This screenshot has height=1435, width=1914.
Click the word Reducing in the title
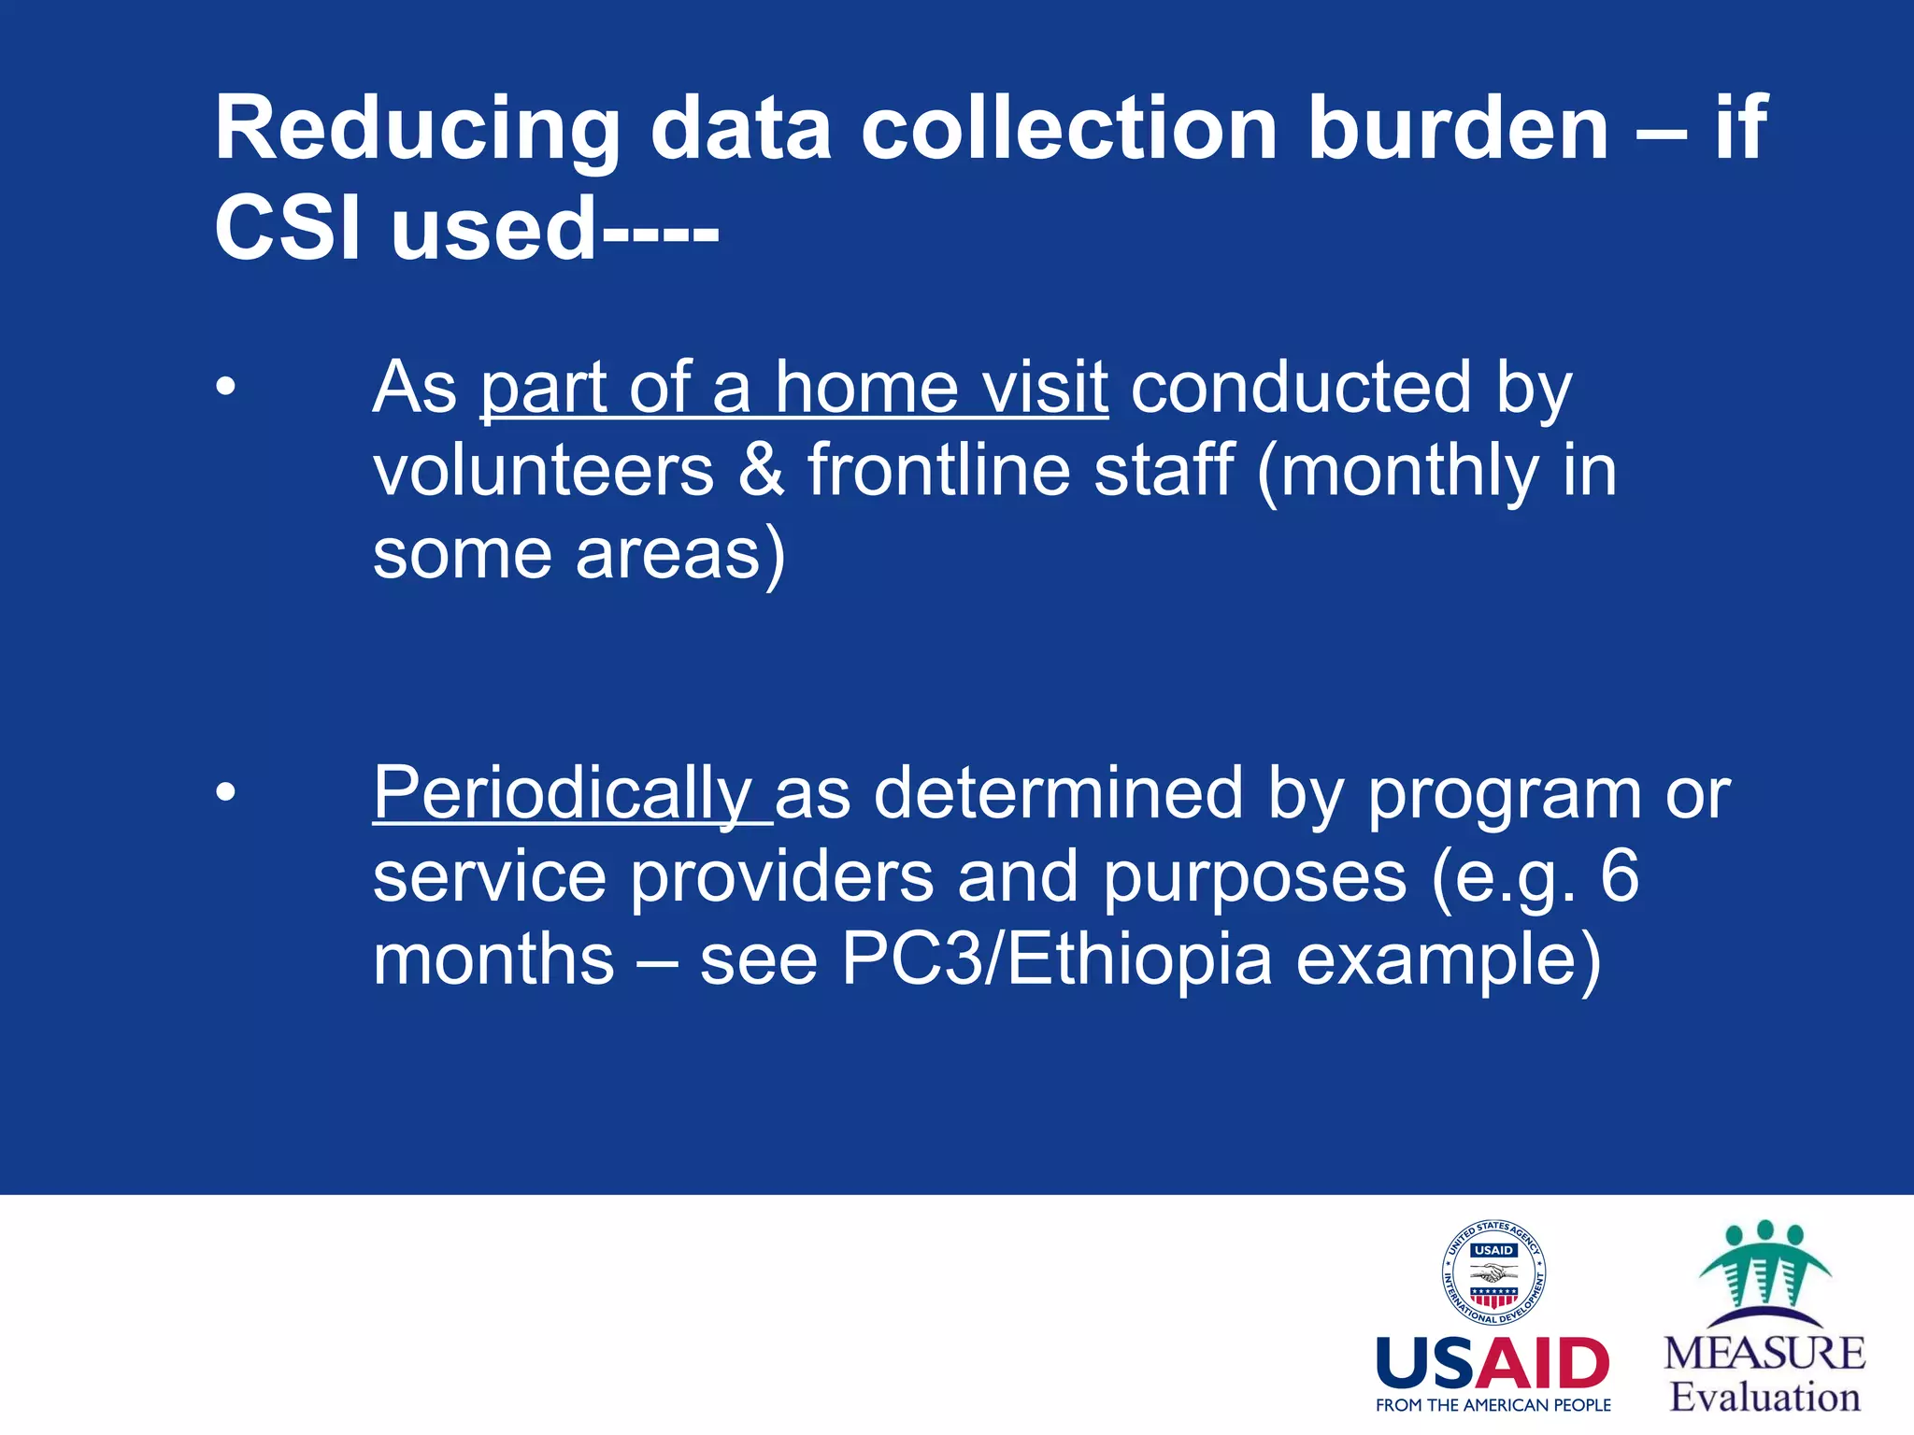click(417, 131)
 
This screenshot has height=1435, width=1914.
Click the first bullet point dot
click(225, 387)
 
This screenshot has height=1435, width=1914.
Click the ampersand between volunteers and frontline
click(761, 470)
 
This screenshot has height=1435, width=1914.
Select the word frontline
click(938, 470)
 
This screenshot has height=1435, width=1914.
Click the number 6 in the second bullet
click(1619, 876)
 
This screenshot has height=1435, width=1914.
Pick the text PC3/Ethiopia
click(1056, 959)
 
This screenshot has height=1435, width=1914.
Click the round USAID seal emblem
click(1493, 1272)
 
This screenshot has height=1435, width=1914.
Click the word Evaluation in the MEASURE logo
click(1764, 1398)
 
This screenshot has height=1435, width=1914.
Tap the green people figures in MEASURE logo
click(1764, 1266)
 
